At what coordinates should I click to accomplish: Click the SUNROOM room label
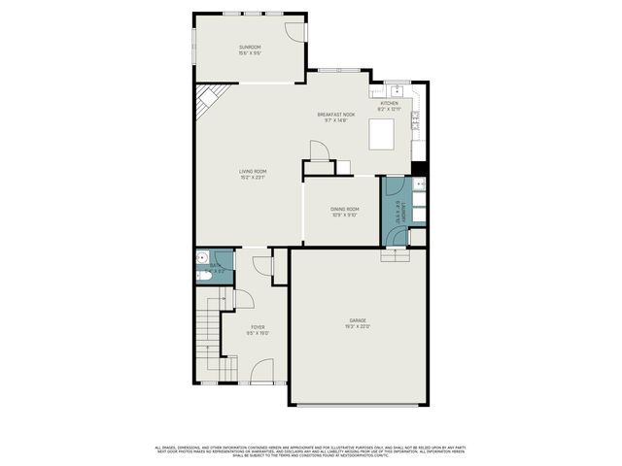coord(251,47)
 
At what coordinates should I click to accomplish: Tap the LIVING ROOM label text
coord(253,171)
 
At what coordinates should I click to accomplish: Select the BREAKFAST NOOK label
coord(336,115)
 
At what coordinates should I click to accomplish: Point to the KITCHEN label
coord(389,103)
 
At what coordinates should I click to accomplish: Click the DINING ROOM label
coord(344,209)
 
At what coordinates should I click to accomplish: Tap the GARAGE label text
coord(358,320)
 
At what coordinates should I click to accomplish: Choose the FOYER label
coord(258,327)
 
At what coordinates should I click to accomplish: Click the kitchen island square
coord(381,136)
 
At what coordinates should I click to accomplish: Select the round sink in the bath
coord(198,257)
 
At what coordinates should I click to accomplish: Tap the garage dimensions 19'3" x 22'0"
coord(358,327)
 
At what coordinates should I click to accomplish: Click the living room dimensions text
coord(253,178)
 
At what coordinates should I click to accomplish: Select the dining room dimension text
coord(344,216)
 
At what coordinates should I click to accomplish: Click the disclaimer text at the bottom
coord(311,450)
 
